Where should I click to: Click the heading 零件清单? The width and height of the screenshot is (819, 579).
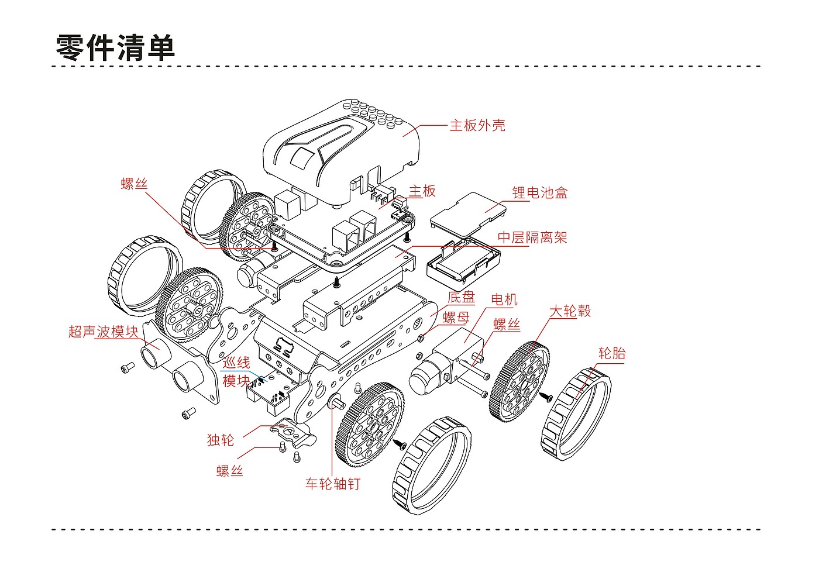coord(116,47)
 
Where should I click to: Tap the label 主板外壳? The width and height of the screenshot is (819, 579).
coord(477,125)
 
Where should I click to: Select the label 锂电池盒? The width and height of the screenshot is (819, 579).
coord(539,192)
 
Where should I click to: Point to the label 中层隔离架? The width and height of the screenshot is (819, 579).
coord(532,237)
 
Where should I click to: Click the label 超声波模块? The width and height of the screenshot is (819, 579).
coord(104,332)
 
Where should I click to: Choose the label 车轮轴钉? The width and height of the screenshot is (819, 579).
coord(333,484)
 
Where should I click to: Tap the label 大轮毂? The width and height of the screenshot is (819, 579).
coord(570,311)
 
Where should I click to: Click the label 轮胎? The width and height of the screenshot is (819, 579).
coord(612,353)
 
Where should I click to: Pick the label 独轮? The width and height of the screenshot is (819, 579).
coord(220,440)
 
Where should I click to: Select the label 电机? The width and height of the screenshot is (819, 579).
coord(504,299)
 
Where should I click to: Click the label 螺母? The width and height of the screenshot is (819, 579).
coord(456,318)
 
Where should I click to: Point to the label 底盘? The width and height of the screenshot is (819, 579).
coord(461,298)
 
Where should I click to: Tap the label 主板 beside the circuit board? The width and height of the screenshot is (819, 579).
coord(422,191)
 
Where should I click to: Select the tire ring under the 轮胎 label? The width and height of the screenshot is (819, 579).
coord(576,414)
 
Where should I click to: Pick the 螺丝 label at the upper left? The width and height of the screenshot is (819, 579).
coord(134,184)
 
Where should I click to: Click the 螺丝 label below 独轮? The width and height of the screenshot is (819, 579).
coord(229,471)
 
